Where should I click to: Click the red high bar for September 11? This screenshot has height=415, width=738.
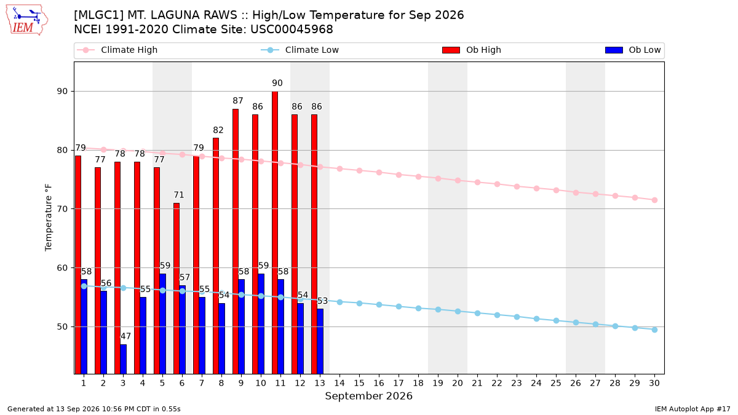tap(275, 232)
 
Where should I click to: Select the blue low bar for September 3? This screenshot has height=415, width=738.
tap(123, 359)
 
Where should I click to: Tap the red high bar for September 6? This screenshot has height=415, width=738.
tap(177, 288)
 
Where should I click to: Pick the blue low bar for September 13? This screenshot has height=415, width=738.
tap(320, 341)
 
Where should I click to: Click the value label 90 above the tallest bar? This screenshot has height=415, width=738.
tap(277, 83)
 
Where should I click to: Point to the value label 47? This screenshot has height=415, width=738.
tap(125, 336)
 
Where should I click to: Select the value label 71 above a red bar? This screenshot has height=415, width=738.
tap(179, 195)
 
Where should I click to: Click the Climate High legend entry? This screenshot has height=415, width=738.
tap(117, 50)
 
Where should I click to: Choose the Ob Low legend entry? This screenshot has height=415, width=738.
tap(633, 50)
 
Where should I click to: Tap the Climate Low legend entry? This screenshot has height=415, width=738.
tap(300, 50)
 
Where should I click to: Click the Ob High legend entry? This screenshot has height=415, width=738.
tap(472, 50)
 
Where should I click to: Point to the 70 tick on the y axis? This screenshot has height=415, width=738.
tap(62, 209)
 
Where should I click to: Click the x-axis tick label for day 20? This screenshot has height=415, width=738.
tap(458, 383)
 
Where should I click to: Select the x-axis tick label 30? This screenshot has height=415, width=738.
tap(654, 383)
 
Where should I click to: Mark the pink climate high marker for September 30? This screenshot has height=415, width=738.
tap(654, 200)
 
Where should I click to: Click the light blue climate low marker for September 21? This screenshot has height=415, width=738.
tap(477, 313)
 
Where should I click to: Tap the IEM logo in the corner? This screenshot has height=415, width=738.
tap(27, 20)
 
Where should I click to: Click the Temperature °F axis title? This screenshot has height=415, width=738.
tap(49, 218)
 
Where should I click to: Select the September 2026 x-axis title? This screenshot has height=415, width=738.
tap(368, 396)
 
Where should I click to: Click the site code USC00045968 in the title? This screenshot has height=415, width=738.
tap(292, 30)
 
